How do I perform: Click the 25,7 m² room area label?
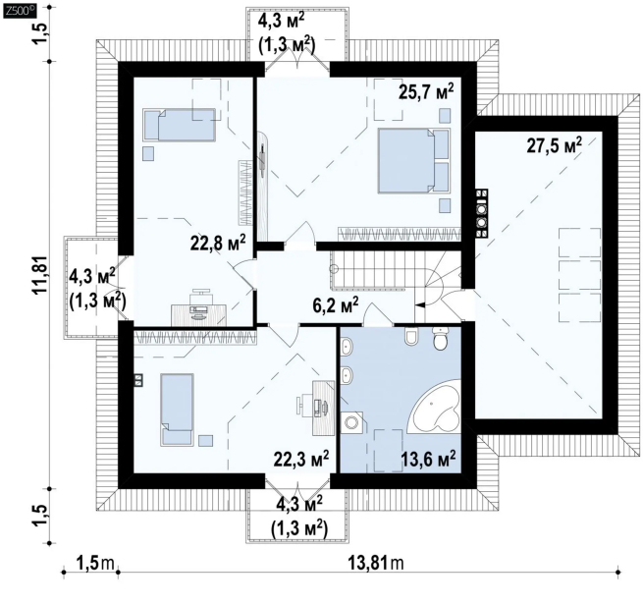click(426, 92)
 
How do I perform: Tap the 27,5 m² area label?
click(554, 145)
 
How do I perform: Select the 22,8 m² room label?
click(218, 243)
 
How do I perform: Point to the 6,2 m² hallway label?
click(336, 305)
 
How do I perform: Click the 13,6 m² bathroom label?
click(428, 459)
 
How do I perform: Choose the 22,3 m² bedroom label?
click(301, 459)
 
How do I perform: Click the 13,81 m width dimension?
click(376, 563)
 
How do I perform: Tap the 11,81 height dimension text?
click(41, 275)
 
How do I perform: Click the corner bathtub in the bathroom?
click(437, 407)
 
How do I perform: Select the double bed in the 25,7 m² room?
click(413, 160)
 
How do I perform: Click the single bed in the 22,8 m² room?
click(180, 125)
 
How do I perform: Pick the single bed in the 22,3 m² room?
click(177, 410)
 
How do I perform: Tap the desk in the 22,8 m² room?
click(198, 314)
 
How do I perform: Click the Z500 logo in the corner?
click(20, 11)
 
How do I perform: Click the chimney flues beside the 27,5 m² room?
click(481, 213)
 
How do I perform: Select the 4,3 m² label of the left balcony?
click(92, 277)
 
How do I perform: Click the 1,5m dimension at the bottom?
click(95, 563)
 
